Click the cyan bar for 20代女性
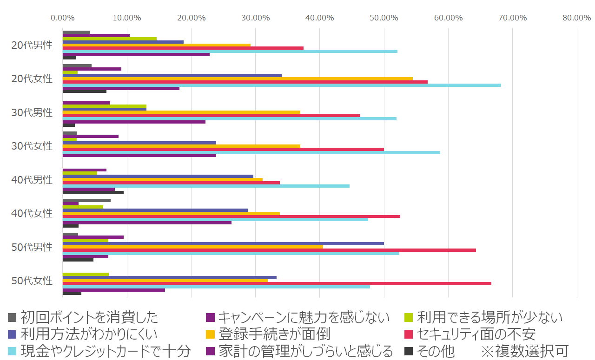(282, 85)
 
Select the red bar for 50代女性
(277, 283)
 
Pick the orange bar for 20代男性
(157, 45)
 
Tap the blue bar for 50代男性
(223, 243)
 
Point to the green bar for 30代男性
(105, 106)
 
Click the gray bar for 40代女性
(86, 200)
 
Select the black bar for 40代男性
(93, 192)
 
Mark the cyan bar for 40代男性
(206, 186)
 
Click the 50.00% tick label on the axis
(383, 18)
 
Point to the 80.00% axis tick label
(576, 18)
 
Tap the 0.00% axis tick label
(63, 18)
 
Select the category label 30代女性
(32, 146)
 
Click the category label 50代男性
(32, 247)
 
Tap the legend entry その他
(435, 351)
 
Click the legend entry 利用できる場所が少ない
(489, 317)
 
